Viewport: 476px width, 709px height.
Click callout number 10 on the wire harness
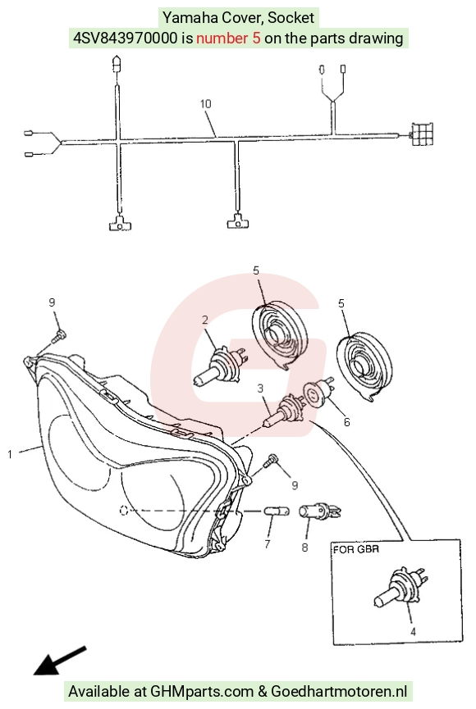(x=206, y=104)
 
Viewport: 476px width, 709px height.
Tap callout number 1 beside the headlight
(x=10, y=454)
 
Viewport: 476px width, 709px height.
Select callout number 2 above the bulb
(x=205, y=320)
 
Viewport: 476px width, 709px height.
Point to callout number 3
(x=260, y=389)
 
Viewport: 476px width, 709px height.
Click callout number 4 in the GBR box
(x=413, y=632)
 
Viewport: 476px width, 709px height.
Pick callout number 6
(x=347, y=422)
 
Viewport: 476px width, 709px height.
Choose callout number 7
(x=268, y=544)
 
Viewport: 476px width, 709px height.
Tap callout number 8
(x=304, y=548)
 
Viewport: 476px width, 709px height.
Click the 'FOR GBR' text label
(x=356, y=550)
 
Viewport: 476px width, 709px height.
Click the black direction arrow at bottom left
(x=60, y=661)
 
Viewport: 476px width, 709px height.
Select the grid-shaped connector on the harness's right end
(x=421, y=134)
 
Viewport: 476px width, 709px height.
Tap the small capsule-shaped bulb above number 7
(x=277, y=511)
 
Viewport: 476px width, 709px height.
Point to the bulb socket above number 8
(x=319, y=511)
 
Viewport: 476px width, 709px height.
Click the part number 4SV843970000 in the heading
(x=126, y=38)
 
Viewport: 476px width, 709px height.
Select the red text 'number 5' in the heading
(x=228, y=38)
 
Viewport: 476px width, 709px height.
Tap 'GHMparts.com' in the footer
(x=201, y=691)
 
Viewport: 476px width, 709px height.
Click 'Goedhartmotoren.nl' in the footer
(x=339, y=691)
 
